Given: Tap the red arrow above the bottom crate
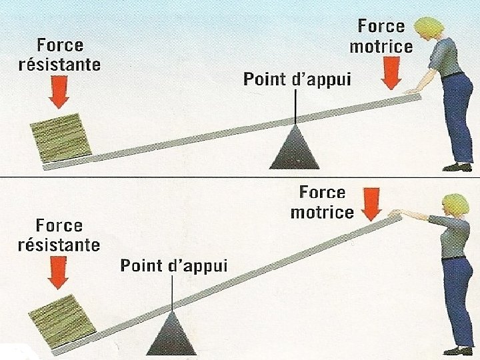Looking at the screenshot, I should click(59, 275).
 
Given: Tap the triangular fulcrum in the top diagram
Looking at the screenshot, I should click(294, 148).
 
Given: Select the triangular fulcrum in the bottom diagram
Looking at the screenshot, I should click(173, 334).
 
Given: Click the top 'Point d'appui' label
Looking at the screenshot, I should click(297, 80).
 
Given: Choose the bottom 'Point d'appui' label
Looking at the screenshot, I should click(174, 266).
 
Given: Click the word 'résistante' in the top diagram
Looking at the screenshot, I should click(60, 65).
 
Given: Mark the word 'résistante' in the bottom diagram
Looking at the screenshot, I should click(59, 245).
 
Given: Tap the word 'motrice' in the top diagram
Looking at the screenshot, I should click(381, 47).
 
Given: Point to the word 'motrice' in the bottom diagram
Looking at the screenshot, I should click(323, 213).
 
